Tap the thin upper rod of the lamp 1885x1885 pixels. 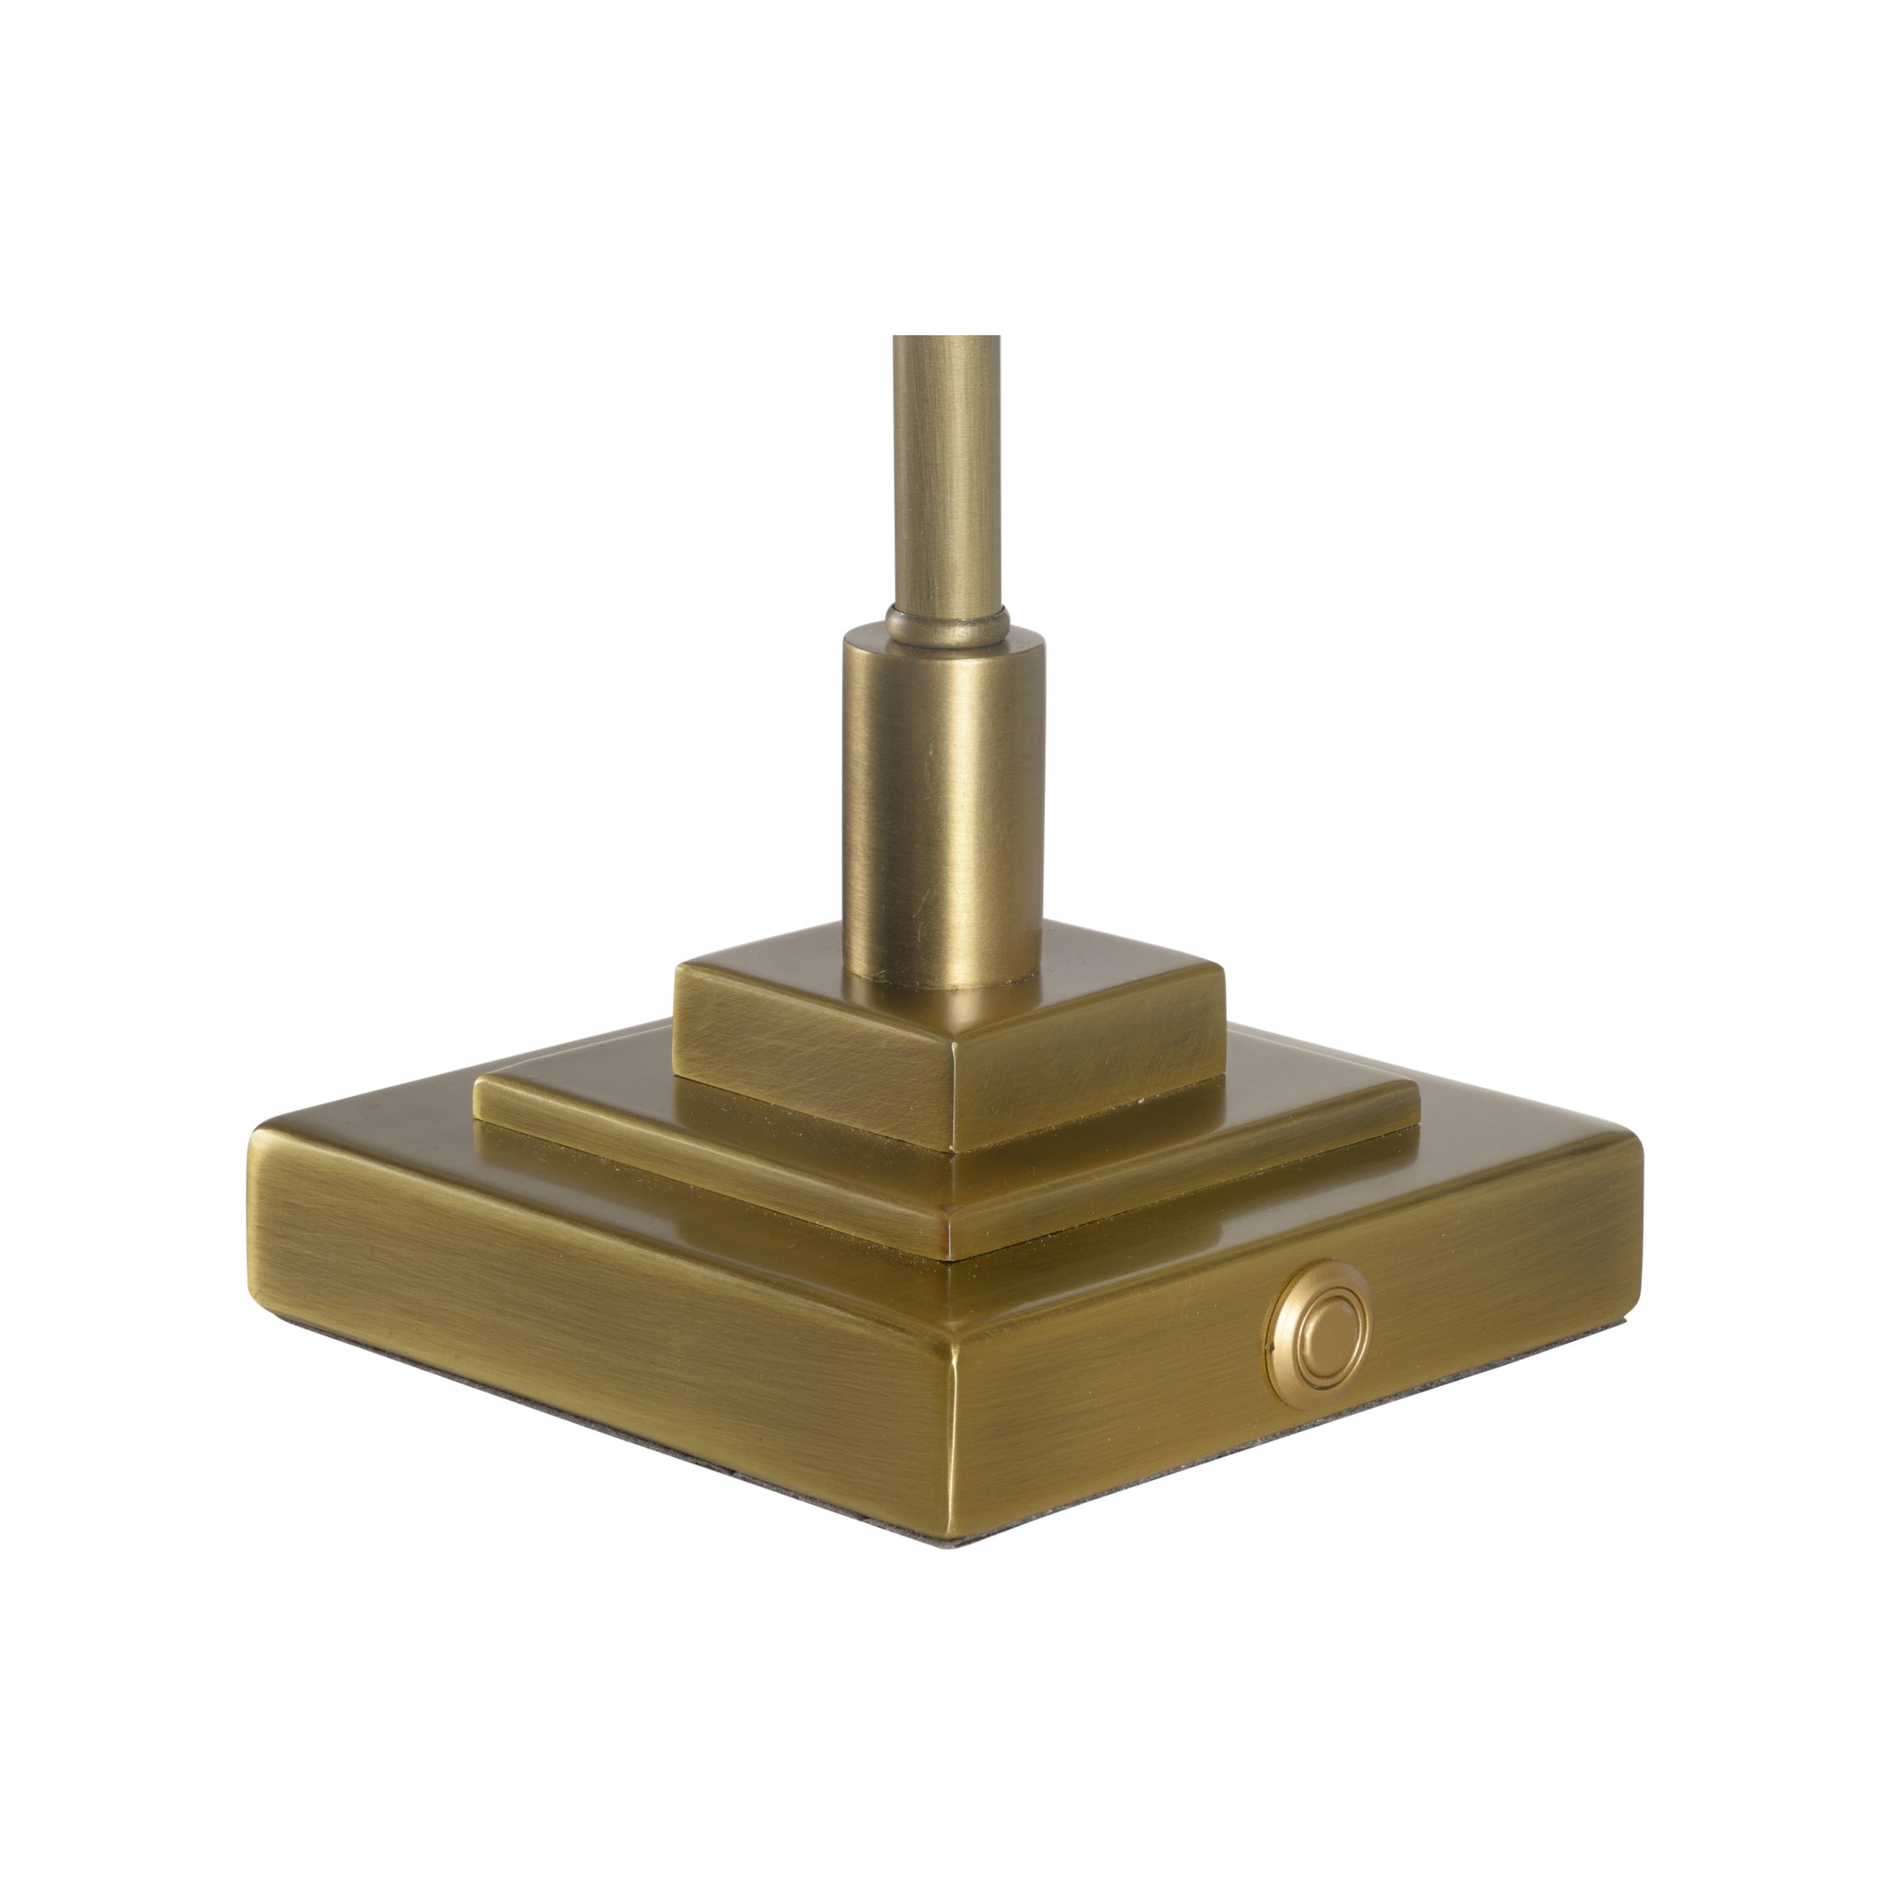[945, 468]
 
